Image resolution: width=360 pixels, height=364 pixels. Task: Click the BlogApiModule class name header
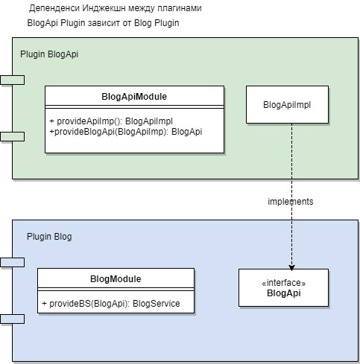pyautogui.click(x=134, y=96)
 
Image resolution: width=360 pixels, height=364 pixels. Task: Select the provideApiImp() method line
pyautogui.click(x=111, y=120)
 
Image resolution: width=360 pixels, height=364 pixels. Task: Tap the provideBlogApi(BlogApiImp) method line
pyautogui.click(x=124, y=131)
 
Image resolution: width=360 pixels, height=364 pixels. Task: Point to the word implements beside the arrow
pyautogui.click(x=290, y=202)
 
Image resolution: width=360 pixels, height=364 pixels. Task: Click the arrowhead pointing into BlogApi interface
pyautogui.click(x=291, y=266)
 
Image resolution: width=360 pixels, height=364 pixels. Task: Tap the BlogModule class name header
pyautogui.click(x=116, y=279)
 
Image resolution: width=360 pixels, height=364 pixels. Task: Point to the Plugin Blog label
pyautogui.click(x=49, y=237)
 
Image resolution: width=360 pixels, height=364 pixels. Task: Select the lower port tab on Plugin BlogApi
pyautogui.click(x=13, y=135)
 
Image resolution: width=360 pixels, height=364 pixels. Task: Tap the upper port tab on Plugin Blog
pyautogui.click(x=13, y=262)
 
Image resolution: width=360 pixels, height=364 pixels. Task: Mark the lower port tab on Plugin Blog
pyautogui.click(x=13, y=319)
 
